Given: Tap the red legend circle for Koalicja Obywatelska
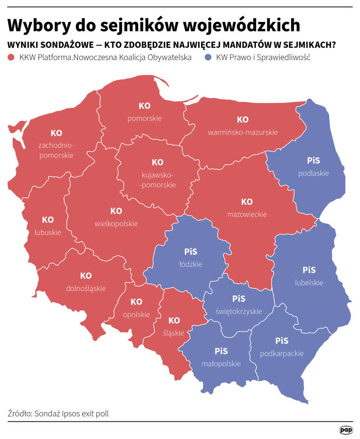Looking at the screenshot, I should pyautogui.click(x=12, y=57).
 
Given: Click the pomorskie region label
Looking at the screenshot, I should pyautogui.click(x=144, y=118).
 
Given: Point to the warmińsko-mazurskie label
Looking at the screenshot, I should pyautogui.click(x=243, y=132).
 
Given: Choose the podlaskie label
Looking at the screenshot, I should pyautogui.click(x=314, y=173).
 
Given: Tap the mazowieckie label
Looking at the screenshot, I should pyautogui.click(x=247, y=214).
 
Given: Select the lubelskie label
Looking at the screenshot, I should pyautogui.click(x=309, y=283).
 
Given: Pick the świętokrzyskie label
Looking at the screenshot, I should pyautogui.click(x=239, y=311).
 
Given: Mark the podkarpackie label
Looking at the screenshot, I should pyautogui.click(x=282, y=354).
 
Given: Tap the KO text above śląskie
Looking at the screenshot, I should pyautogui.click(x=174, y=320).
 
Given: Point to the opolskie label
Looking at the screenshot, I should pyautogui.click(x=136, y=314).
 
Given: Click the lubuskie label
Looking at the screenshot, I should pyautogui.click(x=48, y=232).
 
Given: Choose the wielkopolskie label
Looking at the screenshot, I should pyautogui.click(x=116, y=223).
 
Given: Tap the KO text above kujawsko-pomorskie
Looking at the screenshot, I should pyautogui.click(x=158, y=162).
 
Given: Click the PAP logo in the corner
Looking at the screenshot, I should pyautogui.click(x=345, y=430).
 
